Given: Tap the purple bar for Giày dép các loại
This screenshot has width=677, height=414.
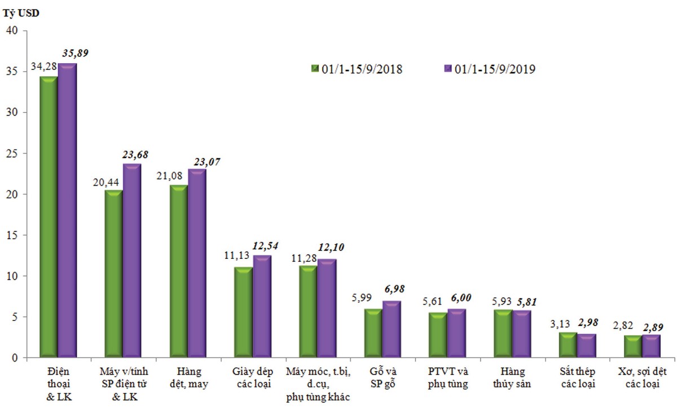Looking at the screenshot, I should [x=262, y=307].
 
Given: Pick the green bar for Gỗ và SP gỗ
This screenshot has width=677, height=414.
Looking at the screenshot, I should [x=373, y=333].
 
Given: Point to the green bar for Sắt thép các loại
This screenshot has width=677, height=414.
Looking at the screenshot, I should [x=568, y=345].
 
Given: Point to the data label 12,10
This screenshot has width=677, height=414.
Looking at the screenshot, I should [x=331, y=247].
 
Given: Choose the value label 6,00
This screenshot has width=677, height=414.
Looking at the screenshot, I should [x=460, y=298].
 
